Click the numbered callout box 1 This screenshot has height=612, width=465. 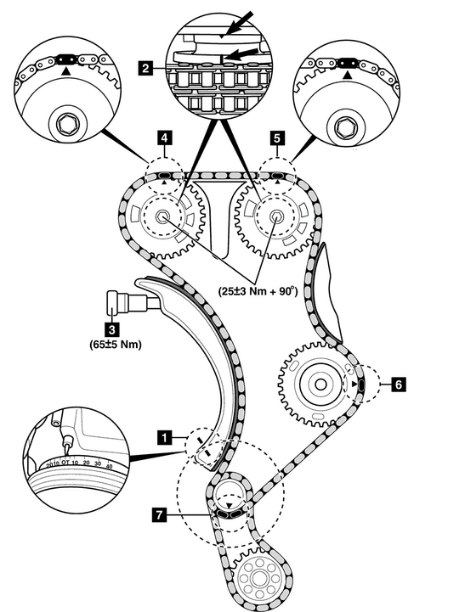pyautogui.click(x=165, y=437)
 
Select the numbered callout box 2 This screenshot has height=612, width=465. pyautogui.click(x=145, y=69)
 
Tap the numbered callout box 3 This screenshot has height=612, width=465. pyautogui.click(x=112, y=329)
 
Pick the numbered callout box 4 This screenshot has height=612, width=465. pyautogui.click(x=165, y=138)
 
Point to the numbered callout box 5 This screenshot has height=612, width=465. pyautogui.click(x=277, y=138)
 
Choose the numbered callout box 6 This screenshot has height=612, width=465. pyautogui.click(x=399, y=385)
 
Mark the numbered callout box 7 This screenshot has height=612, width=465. pyautogui.click(x=159, y=515)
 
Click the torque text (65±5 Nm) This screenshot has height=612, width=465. pyautogui.click(x=116, y=345)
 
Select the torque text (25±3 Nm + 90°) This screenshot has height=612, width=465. pyautogui.click(x=258, y=291)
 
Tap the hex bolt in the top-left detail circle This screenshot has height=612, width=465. pyautogui.click(x=64, y=125)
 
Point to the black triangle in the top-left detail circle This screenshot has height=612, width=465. pyautogui.click(x=66, y=71)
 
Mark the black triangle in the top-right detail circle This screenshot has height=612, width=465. pyautogui.click(x=346, y=74)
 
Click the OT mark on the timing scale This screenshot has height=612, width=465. pyautogui.click(x=65, y=463)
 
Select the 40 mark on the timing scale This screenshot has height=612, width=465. pyautogui.click(x=109, y=466)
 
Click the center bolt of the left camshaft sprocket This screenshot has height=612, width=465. pyautogui.click(x=162, y=216)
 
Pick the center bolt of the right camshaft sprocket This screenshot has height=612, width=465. pyautogui.click(x=275, y=216)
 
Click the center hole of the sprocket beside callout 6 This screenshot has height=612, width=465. pyautogui.click(x=320, y=385)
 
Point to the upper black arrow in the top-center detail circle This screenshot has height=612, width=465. pyautogui.click(x=237, y=24)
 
